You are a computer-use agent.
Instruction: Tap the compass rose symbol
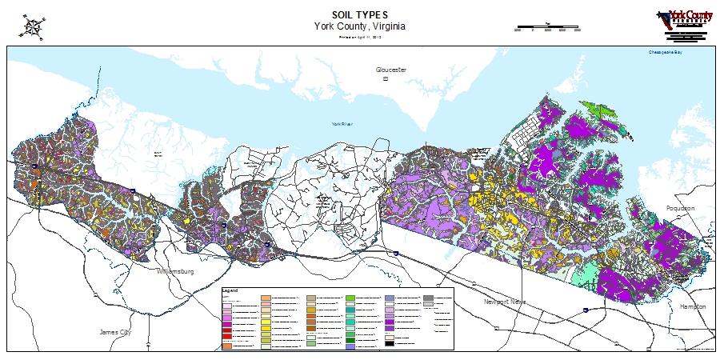tap(33, 26)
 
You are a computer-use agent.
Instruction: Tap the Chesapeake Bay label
tap(666, 53)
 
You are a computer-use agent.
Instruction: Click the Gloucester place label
tap(391, 70)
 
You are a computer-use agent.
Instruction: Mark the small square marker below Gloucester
tap(385, 79)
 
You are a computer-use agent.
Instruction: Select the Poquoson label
tap(681, 208)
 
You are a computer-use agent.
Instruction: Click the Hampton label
tap(693, 306)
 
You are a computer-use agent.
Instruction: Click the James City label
tap(114, 332)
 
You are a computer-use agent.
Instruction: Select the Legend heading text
tap(230, 291)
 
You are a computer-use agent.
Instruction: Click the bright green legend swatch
tap(350, 298)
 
